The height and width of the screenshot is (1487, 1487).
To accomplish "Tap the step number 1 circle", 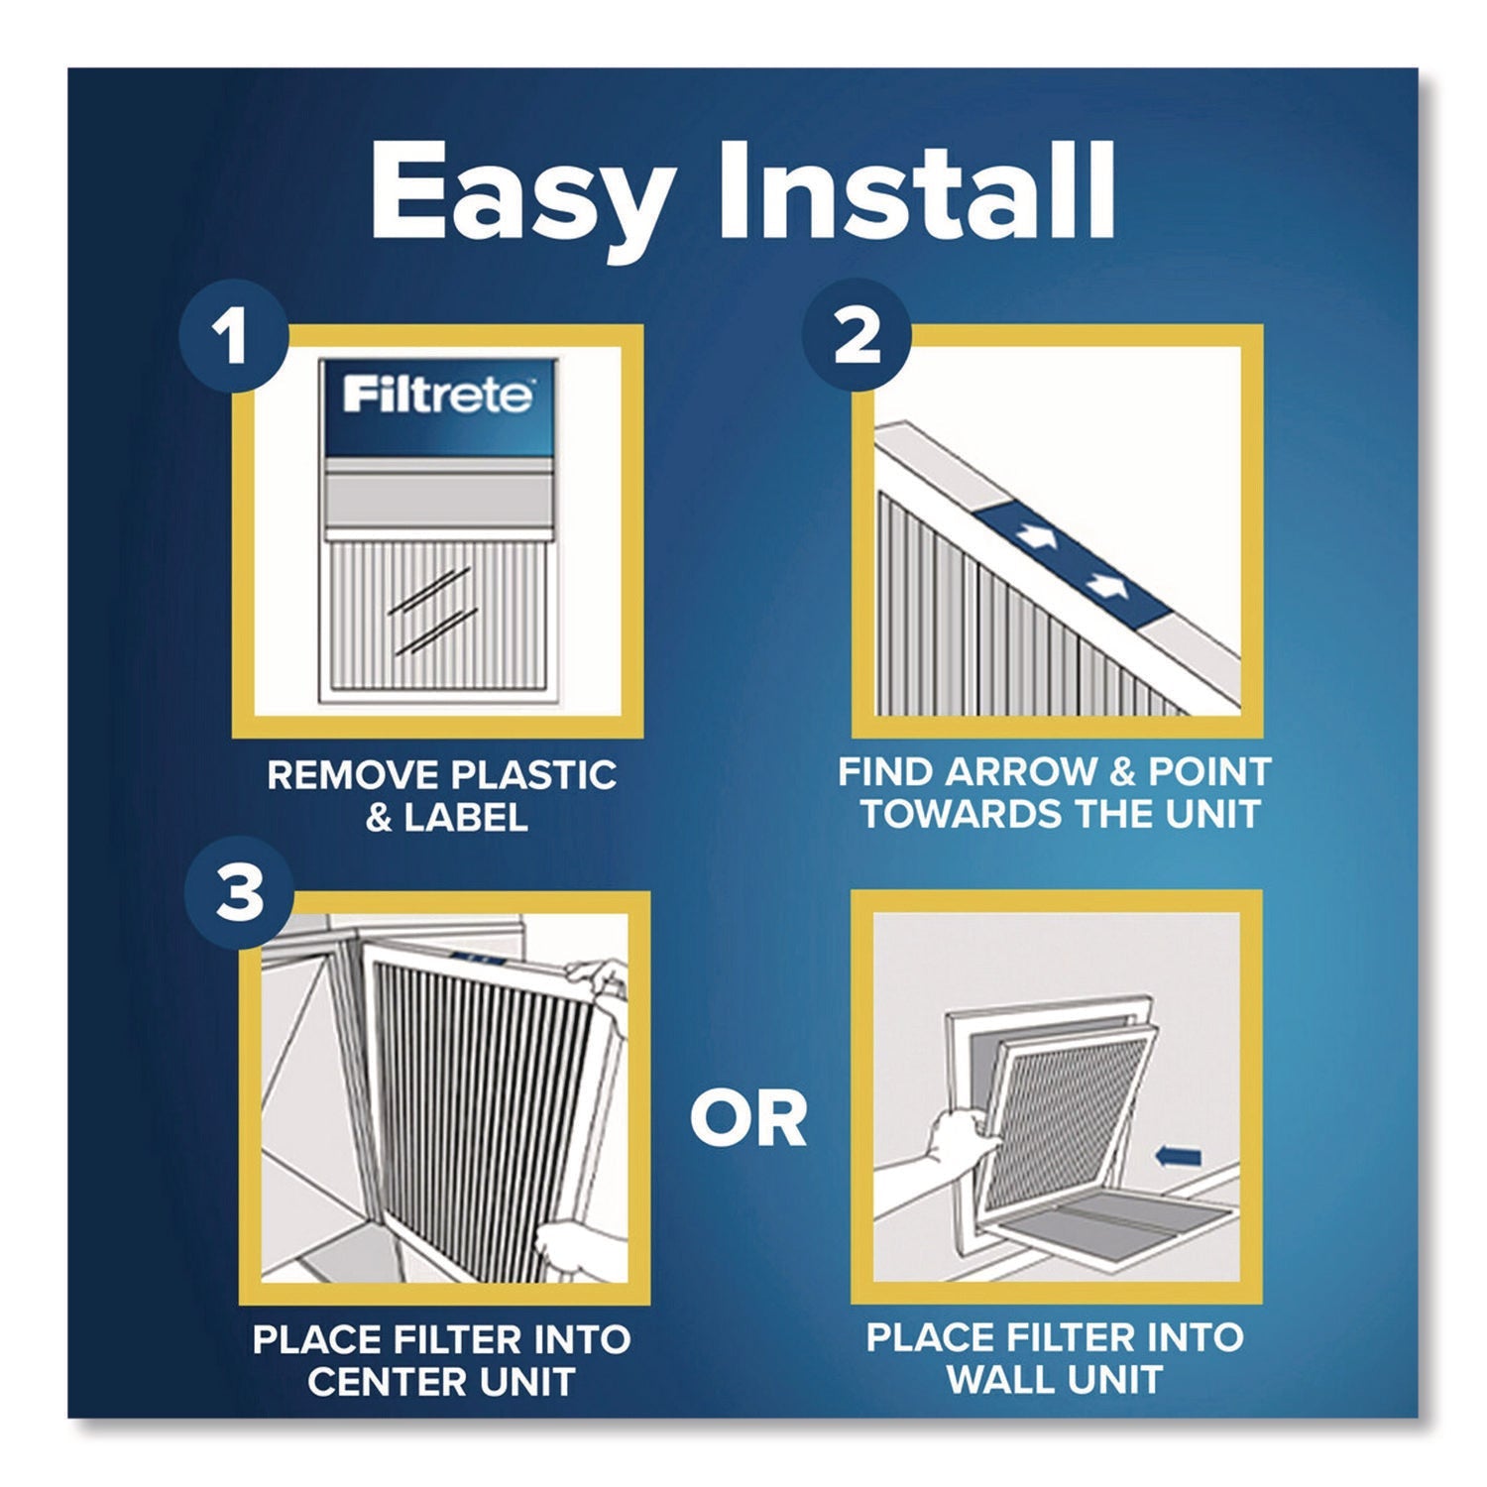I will click(234, 338).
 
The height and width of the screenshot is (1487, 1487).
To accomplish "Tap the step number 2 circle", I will click(858, 338).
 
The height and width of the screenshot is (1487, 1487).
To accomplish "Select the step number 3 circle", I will click(239, 892).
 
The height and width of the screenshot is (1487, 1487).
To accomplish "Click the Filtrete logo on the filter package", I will click(437, 396).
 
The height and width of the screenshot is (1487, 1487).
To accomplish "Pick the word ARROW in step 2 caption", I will click(1032, 772).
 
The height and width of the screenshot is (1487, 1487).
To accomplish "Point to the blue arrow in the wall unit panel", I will click(1179, 1156).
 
